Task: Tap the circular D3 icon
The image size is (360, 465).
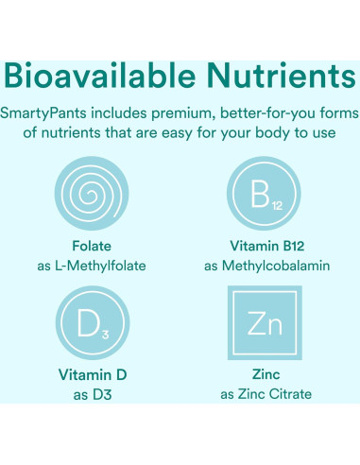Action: [92, 324]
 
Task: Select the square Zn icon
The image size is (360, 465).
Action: [267, 324]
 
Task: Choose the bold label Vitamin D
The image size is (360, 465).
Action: [92, 374]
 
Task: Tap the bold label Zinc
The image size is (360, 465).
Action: [267, 374]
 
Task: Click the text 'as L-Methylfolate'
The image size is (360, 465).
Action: [92, 266]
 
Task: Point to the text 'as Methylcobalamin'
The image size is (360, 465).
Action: [267, 266]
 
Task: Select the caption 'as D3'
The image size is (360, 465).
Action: [92, 394]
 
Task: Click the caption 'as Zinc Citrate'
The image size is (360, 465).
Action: [267, 394]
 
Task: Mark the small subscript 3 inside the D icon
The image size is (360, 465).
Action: [106, 334]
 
